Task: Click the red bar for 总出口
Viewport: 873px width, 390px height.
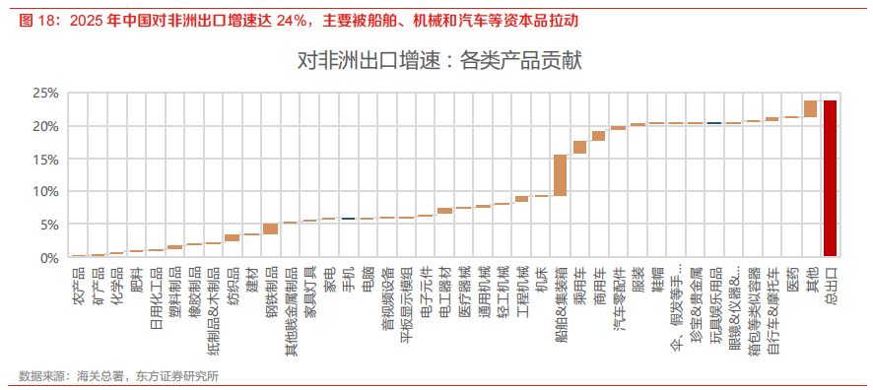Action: [830, 178]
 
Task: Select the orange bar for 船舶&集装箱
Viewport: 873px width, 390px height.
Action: [560, 175]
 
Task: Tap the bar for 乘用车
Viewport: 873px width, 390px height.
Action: [579, 147]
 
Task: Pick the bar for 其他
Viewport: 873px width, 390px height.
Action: [810, 108]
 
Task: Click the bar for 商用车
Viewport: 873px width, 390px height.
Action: [599, 136]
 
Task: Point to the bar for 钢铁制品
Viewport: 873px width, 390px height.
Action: [270, 228]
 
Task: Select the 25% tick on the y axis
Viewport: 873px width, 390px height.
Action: [44, 94]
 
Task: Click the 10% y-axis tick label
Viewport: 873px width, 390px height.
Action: [44, 192]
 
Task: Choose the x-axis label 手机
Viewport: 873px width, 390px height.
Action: [348, 278]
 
